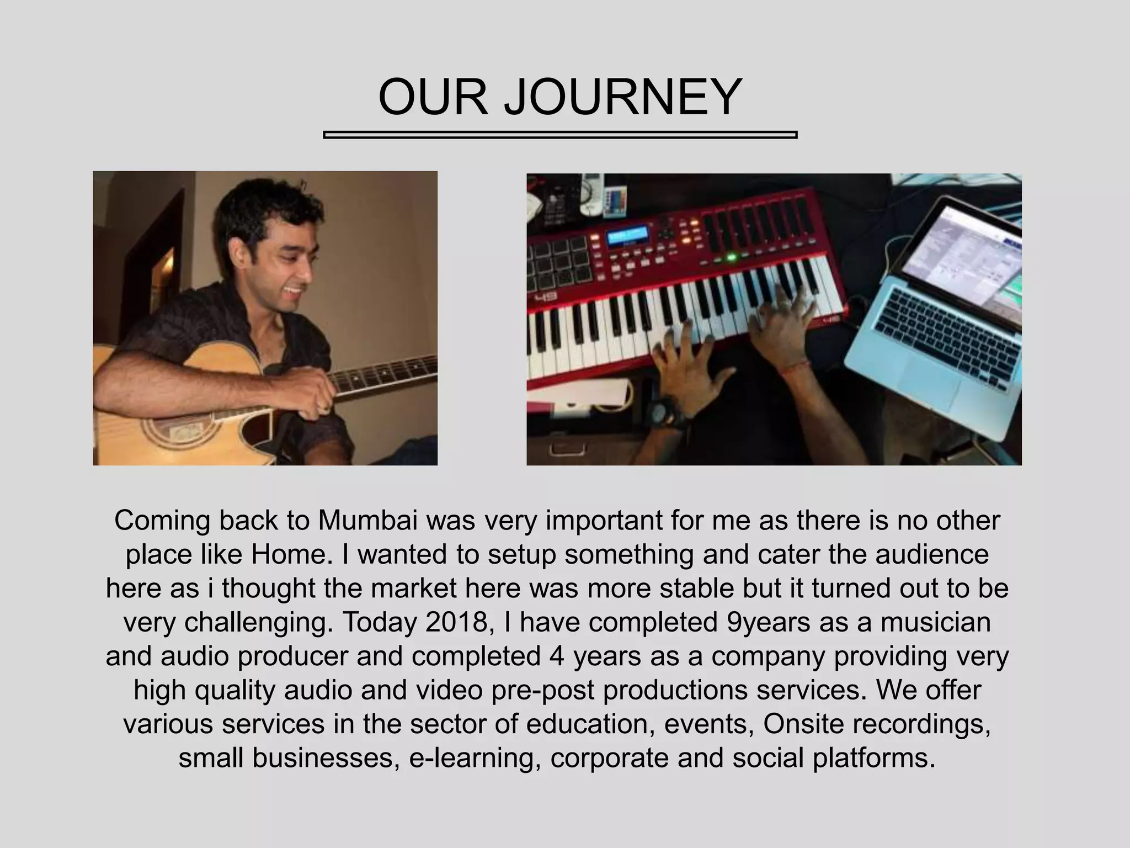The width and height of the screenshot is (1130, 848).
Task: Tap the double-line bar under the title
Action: (559, 135)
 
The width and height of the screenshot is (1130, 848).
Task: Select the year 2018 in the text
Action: (457, 622)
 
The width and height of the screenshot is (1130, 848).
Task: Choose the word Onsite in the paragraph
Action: (803, 724)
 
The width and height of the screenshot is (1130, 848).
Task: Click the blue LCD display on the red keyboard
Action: (628, 237)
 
